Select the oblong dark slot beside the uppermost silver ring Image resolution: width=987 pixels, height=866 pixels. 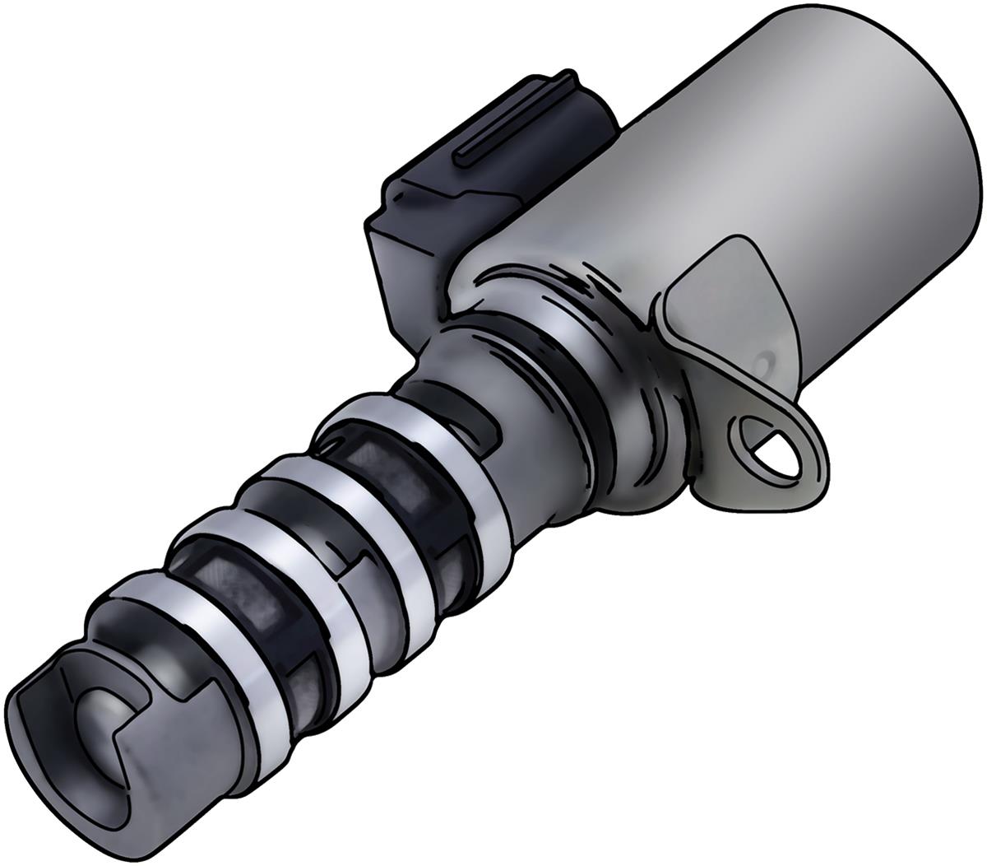tap(481, 428)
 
